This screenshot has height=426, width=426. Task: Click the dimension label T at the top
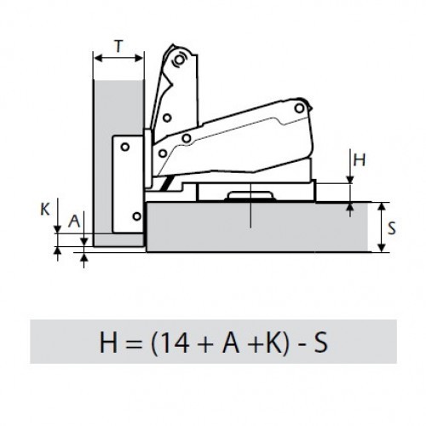119,46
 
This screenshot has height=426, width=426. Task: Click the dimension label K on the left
45,210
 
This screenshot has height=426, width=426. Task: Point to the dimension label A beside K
74,222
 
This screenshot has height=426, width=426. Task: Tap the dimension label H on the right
360,160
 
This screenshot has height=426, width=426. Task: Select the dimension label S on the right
392,227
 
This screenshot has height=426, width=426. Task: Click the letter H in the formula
108,343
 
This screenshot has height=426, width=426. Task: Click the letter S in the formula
321,343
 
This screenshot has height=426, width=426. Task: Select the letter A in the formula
231,343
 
